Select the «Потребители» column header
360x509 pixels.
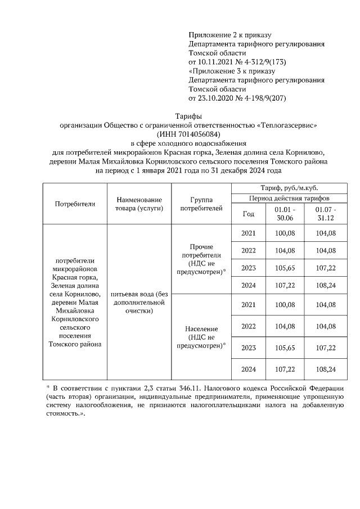click(75, 204)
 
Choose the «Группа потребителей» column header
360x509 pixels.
click(200, 204)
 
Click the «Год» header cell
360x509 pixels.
click(248, 213)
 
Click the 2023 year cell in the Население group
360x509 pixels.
click(248, 348)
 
